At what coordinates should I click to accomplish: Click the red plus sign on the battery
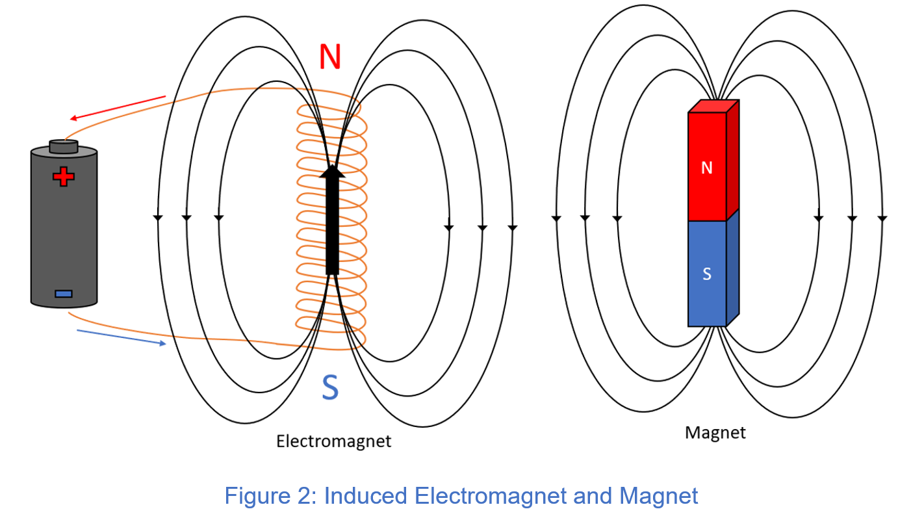click(63, 176)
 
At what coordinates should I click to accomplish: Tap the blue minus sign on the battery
click(63, 294)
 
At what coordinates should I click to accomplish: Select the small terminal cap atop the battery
click(64, 146)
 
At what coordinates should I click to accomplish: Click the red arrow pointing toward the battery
click(117, 108)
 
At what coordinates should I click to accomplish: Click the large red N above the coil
click(330, 57)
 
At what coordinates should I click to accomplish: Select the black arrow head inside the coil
click(332, 171)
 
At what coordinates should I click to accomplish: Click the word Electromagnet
click(333, 441)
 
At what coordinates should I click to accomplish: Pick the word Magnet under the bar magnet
click(715, 432)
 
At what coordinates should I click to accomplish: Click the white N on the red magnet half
click(707, 168)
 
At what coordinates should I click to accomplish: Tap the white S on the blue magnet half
click(707, 274)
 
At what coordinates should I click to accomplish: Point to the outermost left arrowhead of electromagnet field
click(157, 218)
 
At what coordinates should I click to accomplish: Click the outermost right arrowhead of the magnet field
click(881, 218)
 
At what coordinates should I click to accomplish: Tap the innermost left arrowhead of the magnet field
click(617, 218)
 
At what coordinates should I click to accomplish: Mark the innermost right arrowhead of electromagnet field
click(448, 227)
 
